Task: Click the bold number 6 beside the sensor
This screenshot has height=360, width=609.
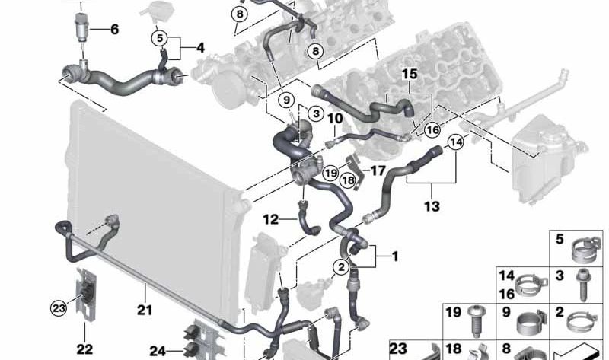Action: [x=115, y=29]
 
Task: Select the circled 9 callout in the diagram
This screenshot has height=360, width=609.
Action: [x=286, y=100]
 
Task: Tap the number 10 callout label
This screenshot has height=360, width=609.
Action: [x=335, y=118]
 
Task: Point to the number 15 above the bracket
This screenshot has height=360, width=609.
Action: [x=410, y=74]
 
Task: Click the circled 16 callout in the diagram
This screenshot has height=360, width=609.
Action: [x=432, y=129]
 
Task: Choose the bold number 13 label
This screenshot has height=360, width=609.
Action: [x=432, y=205]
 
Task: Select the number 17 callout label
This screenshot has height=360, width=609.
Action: [x=378, y=170]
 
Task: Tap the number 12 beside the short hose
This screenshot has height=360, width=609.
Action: [x=271, y=220]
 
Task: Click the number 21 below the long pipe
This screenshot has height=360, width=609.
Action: [x=145, y=310]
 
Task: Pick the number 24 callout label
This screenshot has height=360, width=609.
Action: [x=158, y=352]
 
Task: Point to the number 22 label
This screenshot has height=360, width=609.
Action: [x=84, y=349]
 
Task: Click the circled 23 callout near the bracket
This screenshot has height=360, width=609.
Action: [x=59, y=309]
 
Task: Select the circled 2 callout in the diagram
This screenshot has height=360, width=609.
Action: [x=341, y=267]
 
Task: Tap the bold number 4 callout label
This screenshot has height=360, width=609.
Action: [x=200, y=48]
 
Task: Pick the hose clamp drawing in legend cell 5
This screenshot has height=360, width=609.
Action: [x=586, y=249]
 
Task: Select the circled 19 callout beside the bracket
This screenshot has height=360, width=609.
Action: [x=330, y=173]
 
